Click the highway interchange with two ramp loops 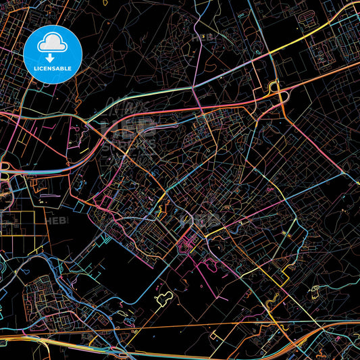click(x=277, y=92)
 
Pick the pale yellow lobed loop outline click(x=163, y=298)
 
